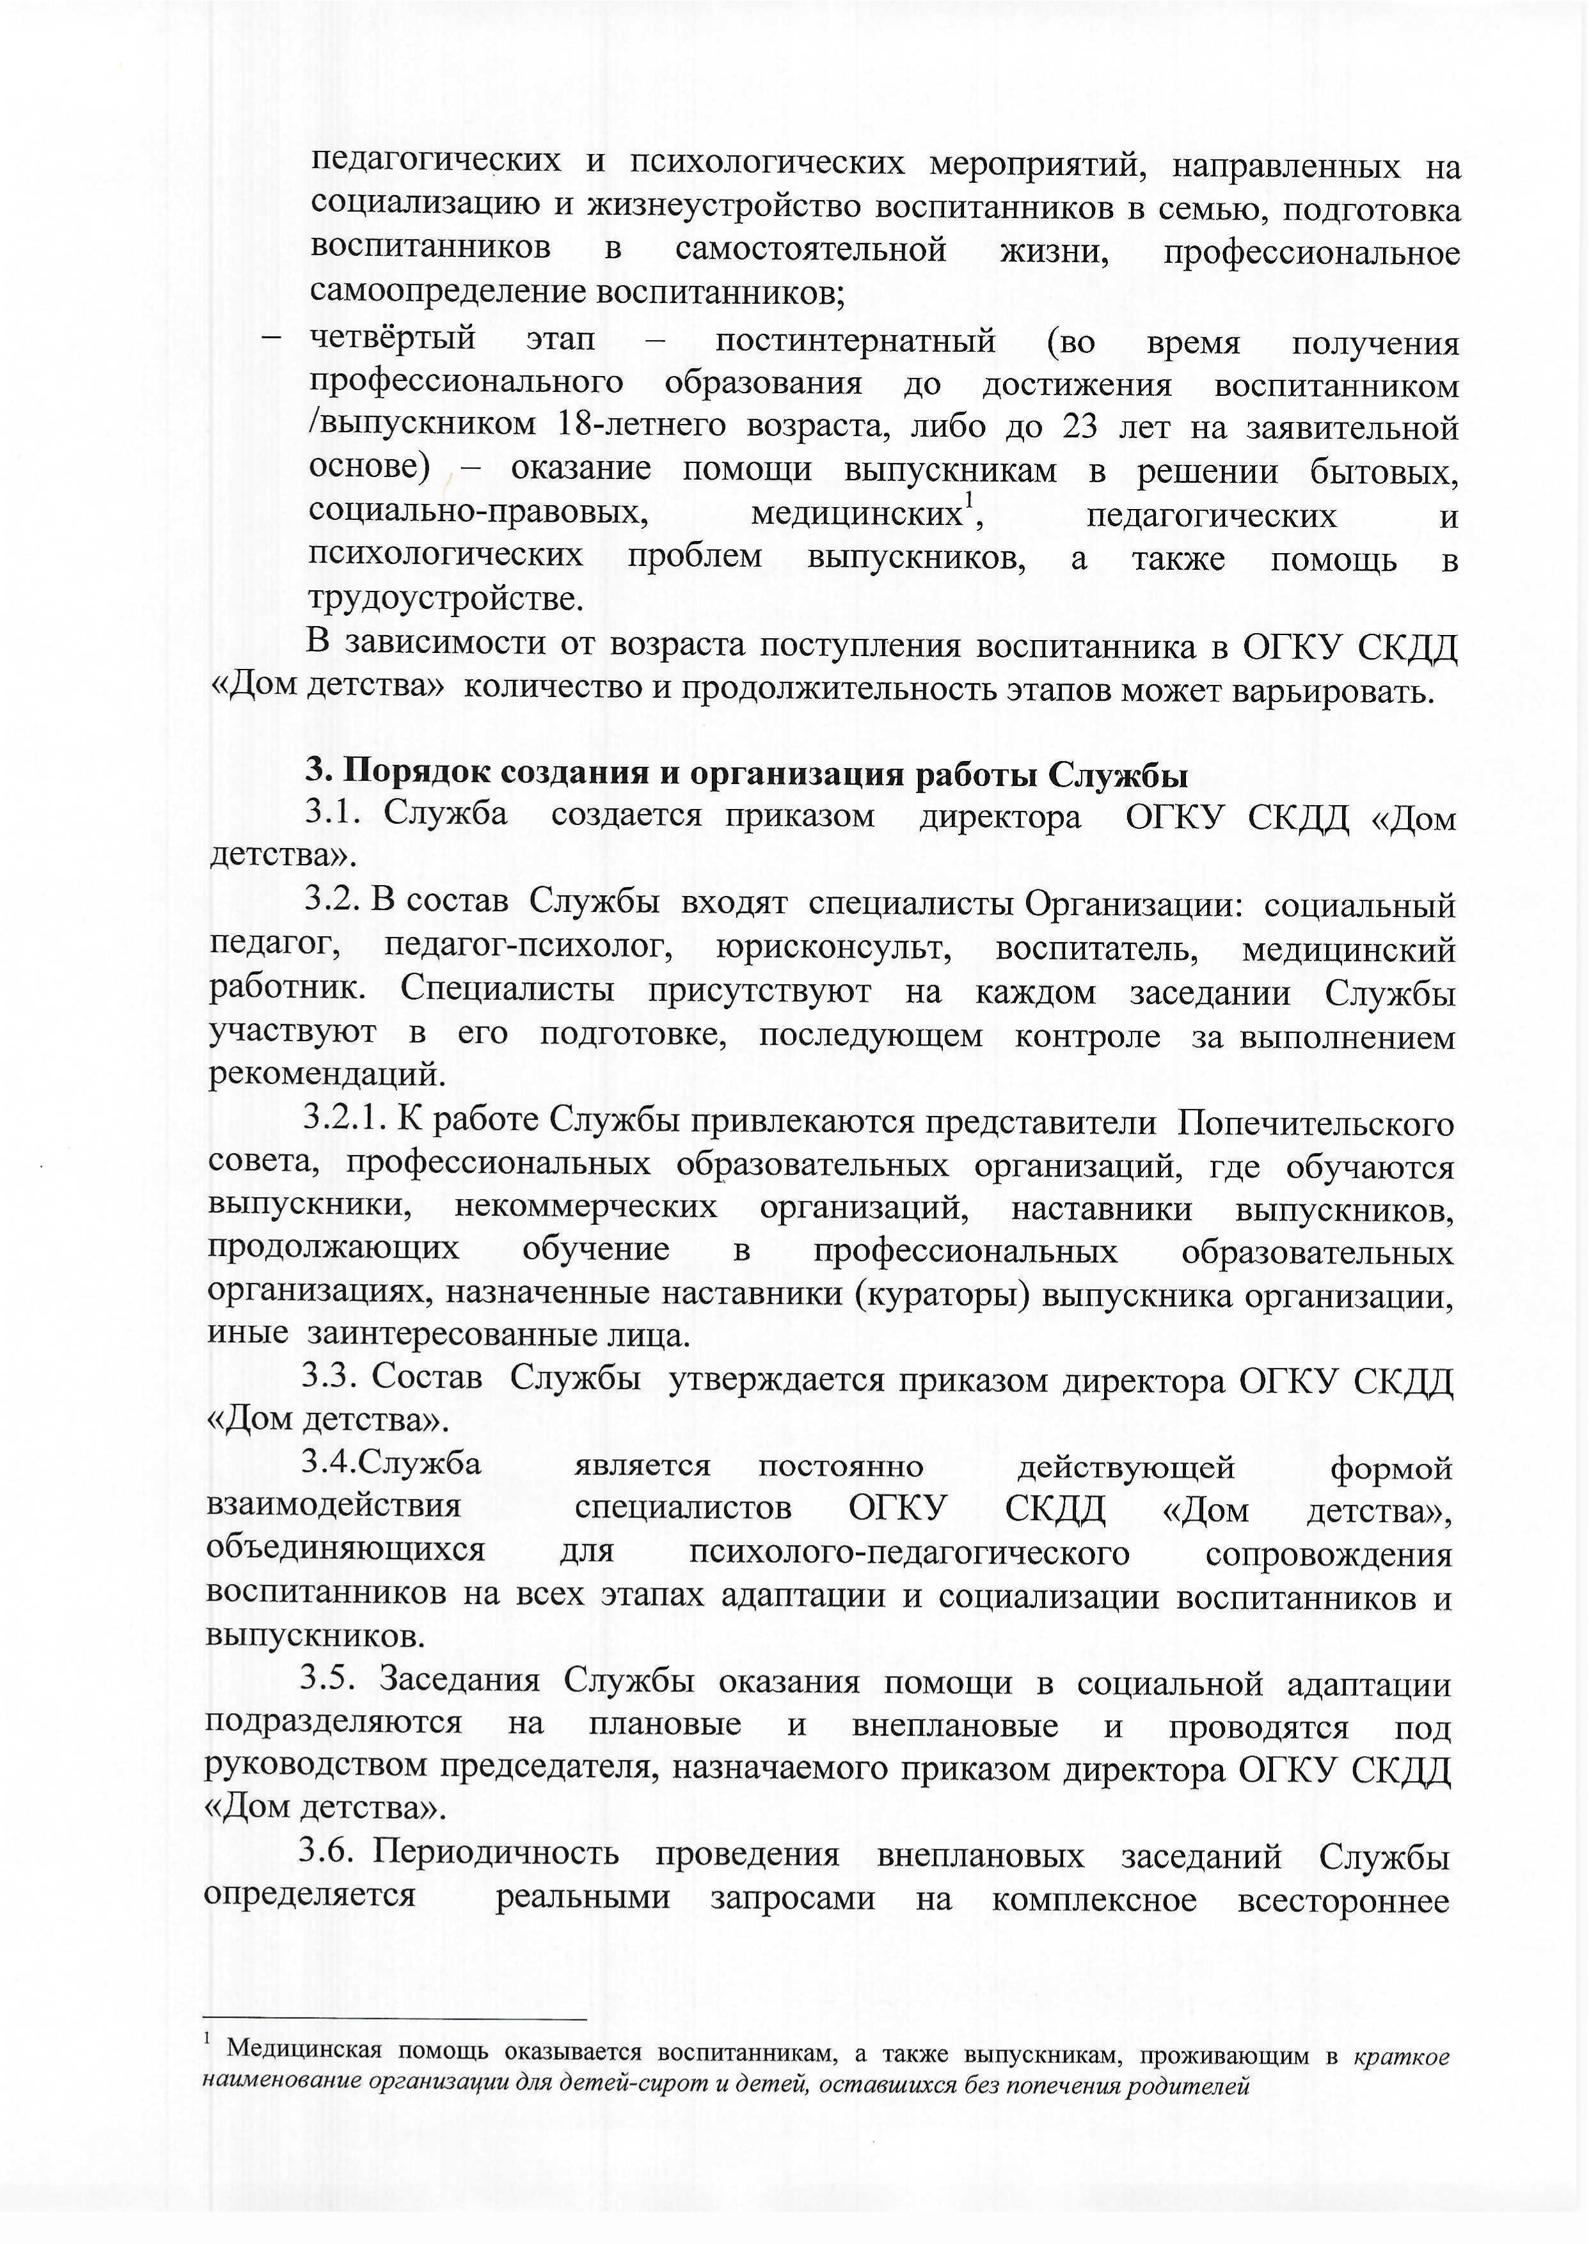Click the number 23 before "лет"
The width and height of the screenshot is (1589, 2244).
click(x=1079, y=427)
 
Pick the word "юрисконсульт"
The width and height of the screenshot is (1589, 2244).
click(x=833, y=949)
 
